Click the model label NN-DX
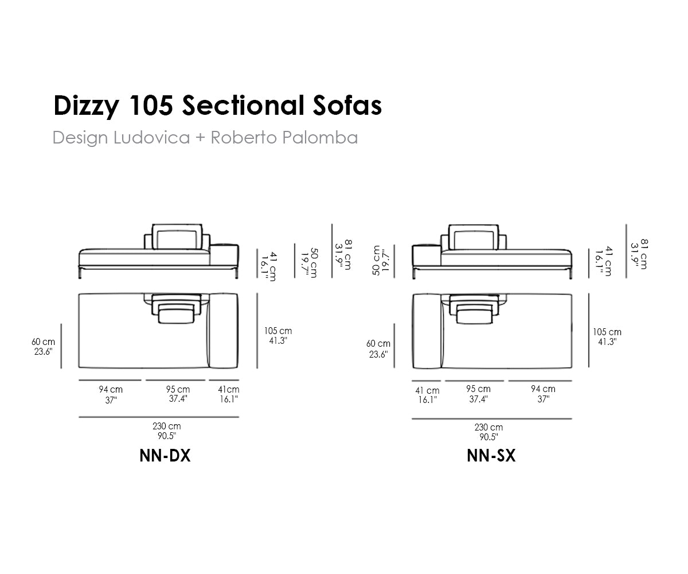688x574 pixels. [165, 456]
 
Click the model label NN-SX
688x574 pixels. [491, 456]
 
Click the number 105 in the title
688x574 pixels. [151, 106]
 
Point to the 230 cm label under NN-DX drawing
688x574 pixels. [166, 426]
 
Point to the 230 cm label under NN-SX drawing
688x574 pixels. [488, 427]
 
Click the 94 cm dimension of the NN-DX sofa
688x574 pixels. [111, 390]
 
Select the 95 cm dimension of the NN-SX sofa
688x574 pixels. [478, 389]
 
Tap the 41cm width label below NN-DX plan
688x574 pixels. [229, 390]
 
